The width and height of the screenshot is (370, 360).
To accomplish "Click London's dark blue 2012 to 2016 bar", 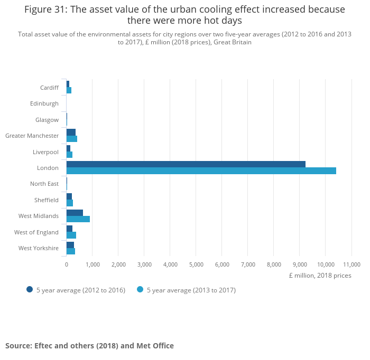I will point(186,164).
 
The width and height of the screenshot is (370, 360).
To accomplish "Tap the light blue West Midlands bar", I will point(78,219).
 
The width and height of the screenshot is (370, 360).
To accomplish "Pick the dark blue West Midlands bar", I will point(75,213).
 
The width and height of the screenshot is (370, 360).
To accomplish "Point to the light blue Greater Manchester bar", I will point(72,139).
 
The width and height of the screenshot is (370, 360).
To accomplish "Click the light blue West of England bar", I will point(71,235).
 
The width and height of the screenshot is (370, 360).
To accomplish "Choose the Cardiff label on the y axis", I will point(49,88).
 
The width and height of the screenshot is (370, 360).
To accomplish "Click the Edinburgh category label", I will point(44,103).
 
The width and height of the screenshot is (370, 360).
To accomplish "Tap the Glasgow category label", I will point(47,120).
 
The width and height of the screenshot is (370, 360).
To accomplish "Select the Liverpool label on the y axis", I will point(45,152).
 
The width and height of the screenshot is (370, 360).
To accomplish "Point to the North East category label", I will point(44,184).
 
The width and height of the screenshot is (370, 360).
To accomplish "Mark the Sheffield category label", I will point(47,200).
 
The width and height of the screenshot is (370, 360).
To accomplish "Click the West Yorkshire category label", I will point(39,248).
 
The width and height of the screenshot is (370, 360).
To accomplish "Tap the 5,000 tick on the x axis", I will point(196,264).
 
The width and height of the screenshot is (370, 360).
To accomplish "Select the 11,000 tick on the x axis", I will point(351,264).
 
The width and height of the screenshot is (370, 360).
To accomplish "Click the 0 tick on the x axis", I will point(67,264).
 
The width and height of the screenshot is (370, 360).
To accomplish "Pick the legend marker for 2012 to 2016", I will point(30,289).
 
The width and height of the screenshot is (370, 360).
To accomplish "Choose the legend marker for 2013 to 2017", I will point(140,289).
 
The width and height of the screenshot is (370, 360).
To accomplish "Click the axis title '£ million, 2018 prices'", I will point(320,276).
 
